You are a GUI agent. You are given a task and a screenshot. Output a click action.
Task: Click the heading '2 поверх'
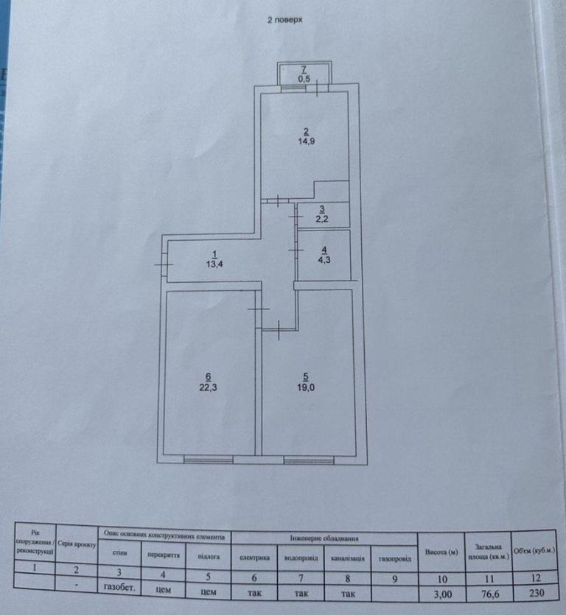284,21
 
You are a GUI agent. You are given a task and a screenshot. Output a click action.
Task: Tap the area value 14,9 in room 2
305,144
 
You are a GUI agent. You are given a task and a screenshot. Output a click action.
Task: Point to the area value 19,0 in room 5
305,387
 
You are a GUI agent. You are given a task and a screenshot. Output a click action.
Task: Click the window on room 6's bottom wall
209,460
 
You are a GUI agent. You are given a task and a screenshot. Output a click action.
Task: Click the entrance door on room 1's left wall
164,264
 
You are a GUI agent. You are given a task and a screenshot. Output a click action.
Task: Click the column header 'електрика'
254,557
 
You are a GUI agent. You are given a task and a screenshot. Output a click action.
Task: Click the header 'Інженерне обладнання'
324,537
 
